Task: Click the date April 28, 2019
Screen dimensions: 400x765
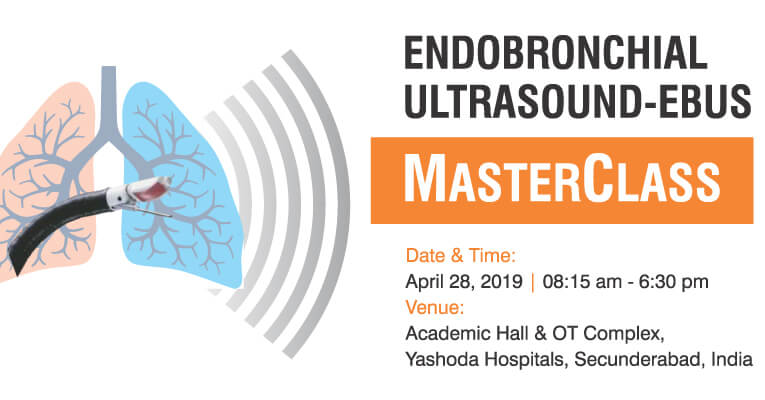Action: click(463, 282)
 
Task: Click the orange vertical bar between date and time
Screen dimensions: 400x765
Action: click(532, 282)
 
